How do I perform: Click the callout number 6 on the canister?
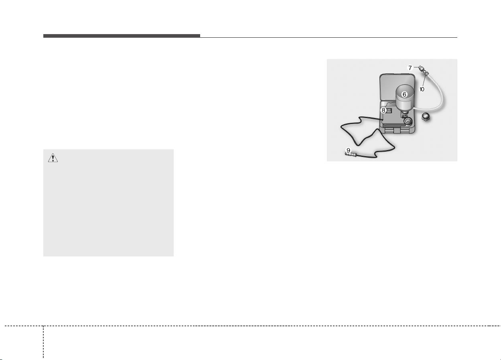(404, 94)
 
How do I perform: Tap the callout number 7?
(410, 68)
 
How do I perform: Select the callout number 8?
(383, 110)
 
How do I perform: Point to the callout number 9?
(348, 151)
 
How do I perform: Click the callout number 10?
(422, 89)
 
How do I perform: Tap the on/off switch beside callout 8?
(389, 110)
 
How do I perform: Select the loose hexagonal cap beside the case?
(426, 117)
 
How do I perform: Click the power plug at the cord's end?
(350, 155)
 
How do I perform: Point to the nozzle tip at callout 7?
(421, 67)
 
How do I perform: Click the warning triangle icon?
(53, 158)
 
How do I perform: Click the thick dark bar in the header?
(122, 36)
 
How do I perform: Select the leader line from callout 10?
(424, 81)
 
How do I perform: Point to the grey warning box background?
(108, 203)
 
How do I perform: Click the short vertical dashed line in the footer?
(43, 343)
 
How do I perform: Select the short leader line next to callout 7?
(416, 67)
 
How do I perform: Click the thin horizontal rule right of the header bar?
(329, 37)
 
